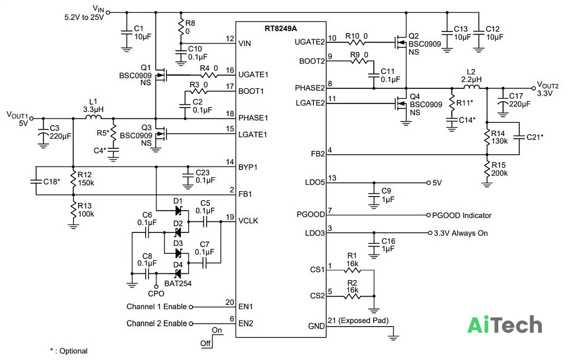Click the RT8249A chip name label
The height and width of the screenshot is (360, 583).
click(x=281, y=28)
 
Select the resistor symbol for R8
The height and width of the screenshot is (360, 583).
click(x=181, y=28)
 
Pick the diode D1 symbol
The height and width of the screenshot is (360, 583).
click(x=178, y=211)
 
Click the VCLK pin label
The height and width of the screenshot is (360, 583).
click(x=248, y=221)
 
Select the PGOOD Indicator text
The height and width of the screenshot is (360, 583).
click(x=461, y=215)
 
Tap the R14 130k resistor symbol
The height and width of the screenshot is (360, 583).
click(x=487, y=137)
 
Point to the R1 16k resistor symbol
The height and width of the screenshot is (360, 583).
click(x=352, y=270)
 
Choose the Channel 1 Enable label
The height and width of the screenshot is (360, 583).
click(x=157, y=306)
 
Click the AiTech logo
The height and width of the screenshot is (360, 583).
click(x=504, y=325)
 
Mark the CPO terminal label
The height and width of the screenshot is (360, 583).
click(x=156, y=293)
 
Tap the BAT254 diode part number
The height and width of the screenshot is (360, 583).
click(x=178, y=283)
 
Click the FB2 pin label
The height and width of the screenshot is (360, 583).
click(x=318, y=154)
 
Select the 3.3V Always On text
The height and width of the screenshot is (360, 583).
click(x=461, y=233)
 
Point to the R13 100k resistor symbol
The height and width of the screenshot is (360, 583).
click(x=73, y=211)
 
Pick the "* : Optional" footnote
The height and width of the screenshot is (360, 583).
click(x=69, y=351)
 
